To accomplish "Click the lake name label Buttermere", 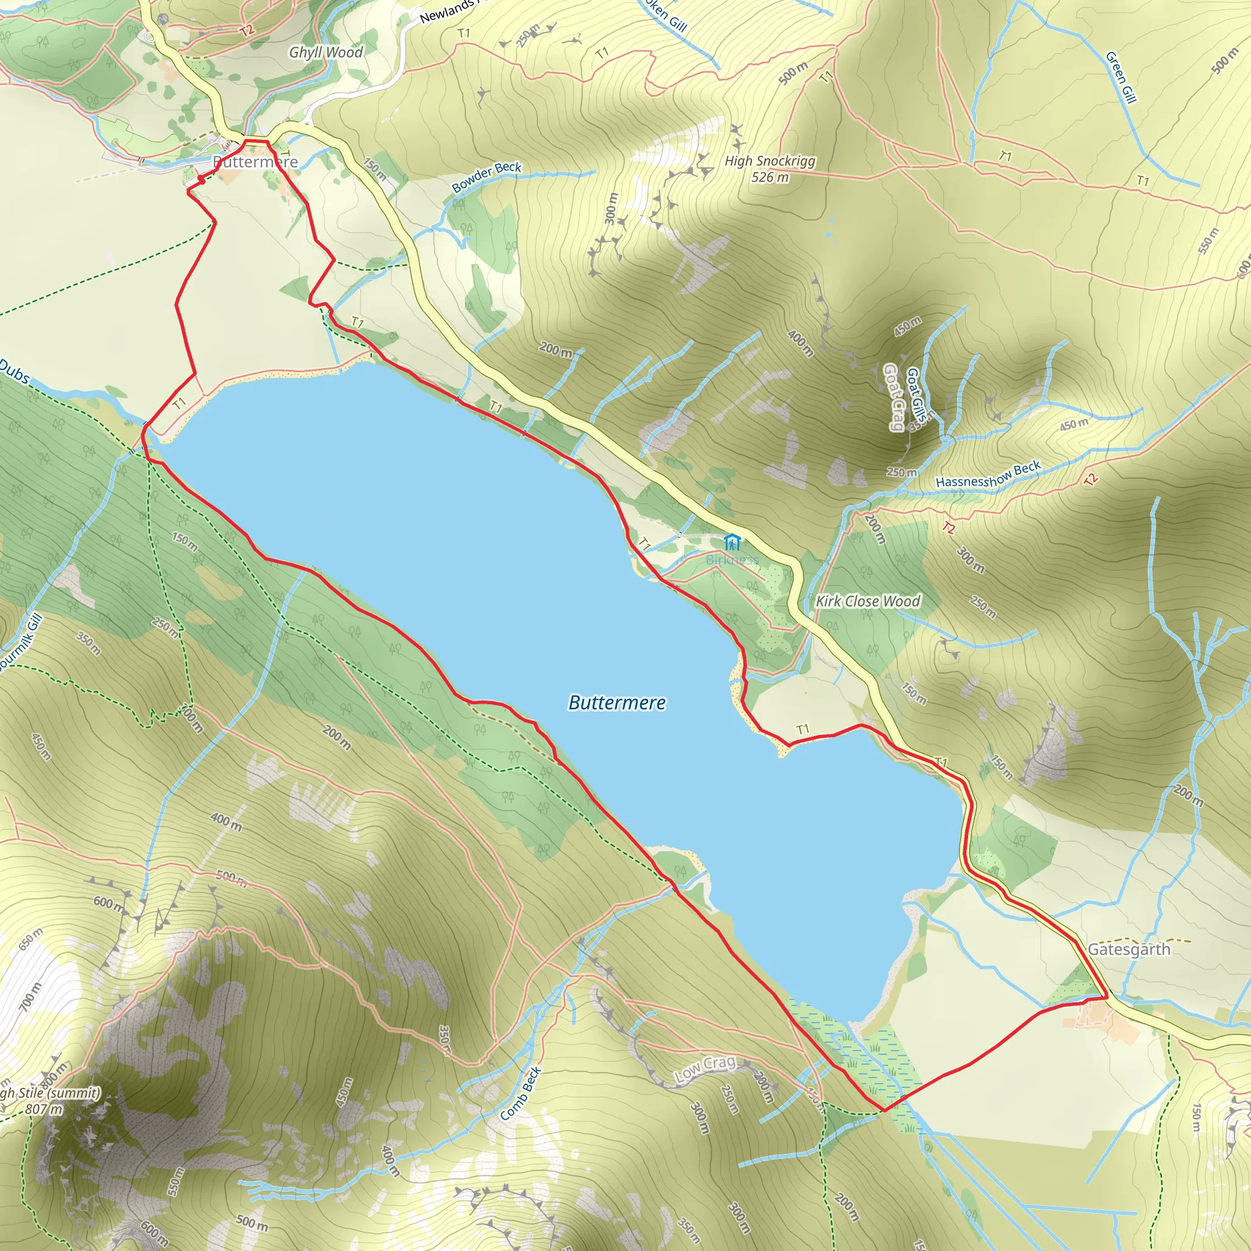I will pos(616,702).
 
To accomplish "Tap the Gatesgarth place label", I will pos(1129,950).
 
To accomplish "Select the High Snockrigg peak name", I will pos(770,161).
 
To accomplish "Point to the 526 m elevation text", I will pos(770,177).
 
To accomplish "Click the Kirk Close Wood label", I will pos(867,601).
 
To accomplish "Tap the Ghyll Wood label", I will pos(326,53).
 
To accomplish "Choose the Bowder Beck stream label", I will pos(486,177).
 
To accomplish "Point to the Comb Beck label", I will pos(520,1093).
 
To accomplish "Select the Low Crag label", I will pos(705,1069).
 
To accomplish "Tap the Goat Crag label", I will pos(894,397).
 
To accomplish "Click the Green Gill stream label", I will pos(1121,77).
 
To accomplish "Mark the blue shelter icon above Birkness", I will pos(732,542).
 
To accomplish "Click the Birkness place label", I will pos(732,560).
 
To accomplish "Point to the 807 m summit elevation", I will pos(45,1109).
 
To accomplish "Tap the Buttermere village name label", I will pos(256,162).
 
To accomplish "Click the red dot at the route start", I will pos(202,181).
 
